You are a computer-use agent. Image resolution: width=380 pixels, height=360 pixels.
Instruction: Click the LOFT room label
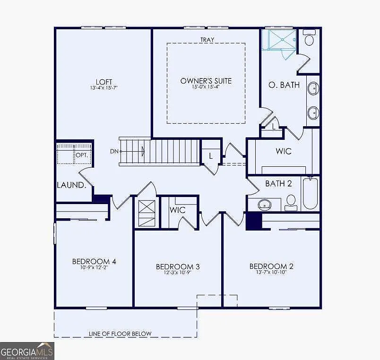[104, 81]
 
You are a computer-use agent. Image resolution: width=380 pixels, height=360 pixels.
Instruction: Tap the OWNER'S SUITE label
[206, 81]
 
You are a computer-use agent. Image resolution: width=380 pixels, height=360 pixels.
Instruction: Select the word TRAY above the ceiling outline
[206, 40]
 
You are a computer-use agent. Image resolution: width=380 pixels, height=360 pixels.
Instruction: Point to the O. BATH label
[284, 85]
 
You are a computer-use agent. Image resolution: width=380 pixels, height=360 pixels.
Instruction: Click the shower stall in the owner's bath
[279, 40]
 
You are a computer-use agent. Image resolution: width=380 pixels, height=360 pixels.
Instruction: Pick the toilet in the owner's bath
[310, 38]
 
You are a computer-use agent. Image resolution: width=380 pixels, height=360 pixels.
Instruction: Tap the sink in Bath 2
[264, 205]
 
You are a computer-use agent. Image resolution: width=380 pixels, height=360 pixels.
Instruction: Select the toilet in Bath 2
[291, 202]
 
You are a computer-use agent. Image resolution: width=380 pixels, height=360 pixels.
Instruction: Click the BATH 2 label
[278, 183]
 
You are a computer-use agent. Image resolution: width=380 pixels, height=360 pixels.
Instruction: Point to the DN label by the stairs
[114, 151]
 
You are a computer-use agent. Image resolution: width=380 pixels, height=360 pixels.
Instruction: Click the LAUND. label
[71, 185]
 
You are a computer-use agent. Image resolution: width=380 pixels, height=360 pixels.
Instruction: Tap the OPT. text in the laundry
[82, 155]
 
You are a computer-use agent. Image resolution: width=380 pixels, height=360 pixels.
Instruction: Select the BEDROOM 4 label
[94, 261]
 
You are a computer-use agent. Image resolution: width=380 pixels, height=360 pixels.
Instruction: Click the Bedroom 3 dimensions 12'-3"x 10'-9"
[178, 273]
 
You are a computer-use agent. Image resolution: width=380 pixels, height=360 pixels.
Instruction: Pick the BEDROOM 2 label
[271, 266]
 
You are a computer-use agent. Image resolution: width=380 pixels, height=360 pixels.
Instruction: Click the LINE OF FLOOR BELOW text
[120, 334]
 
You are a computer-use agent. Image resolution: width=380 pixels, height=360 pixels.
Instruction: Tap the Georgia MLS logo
[27, 351]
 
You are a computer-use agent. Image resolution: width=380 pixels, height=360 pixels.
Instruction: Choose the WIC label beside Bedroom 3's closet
[177, 209]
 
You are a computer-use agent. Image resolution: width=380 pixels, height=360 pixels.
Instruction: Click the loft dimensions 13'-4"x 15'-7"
[104, 88]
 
